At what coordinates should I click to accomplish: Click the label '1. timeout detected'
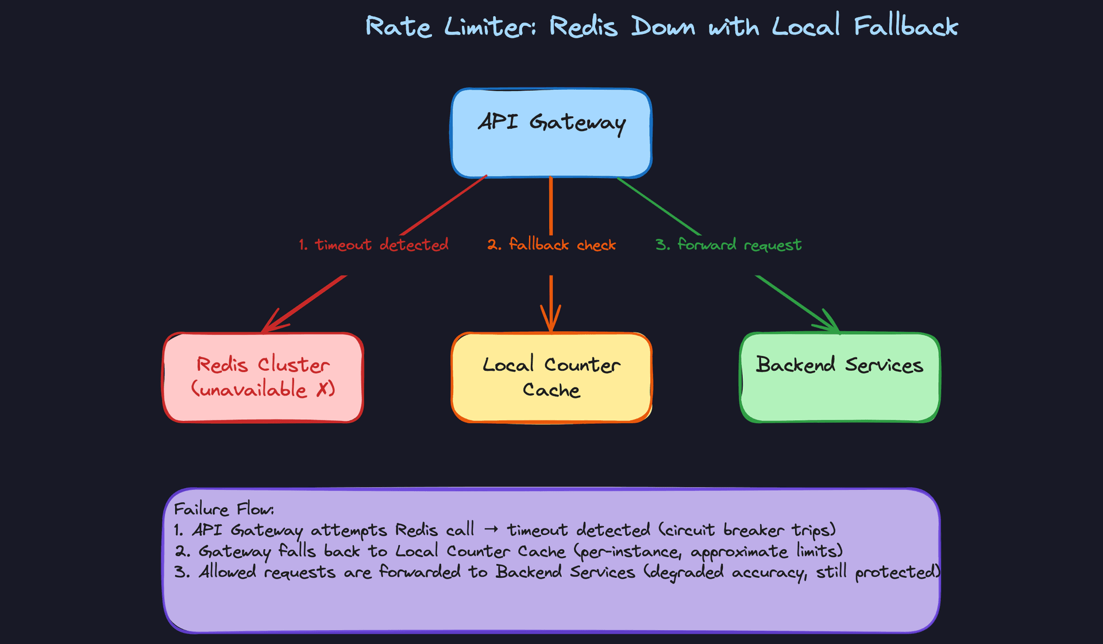click(x=373, y=245)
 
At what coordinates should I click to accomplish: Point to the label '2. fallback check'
click(x=551, y=245)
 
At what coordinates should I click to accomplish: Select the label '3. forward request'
click(x=728, y=245)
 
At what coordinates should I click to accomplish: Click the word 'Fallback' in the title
click(x=905, y=26)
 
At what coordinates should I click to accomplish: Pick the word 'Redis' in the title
click(x=583, y=27)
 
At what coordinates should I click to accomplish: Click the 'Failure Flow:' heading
click(x=224, y=509)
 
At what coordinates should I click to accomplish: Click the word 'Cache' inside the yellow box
click(x=551, y=390)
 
